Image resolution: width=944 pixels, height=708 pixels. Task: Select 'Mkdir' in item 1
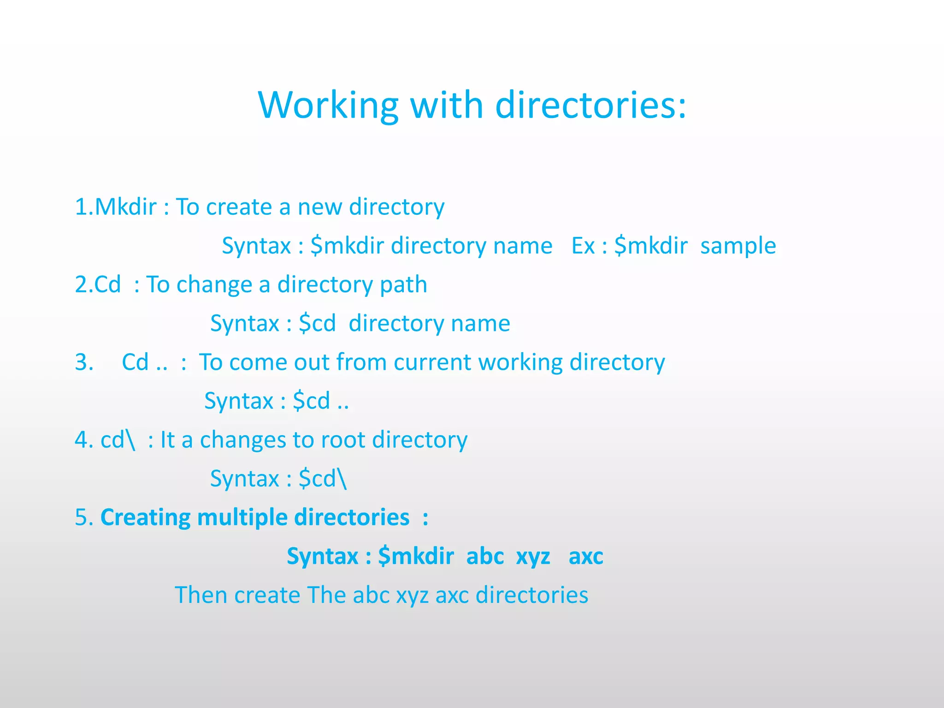tap(125, 207)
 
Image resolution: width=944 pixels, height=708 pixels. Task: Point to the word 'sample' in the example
tap(738, 246)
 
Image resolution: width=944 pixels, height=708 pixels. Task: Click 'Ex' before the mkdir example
tap(583, 246)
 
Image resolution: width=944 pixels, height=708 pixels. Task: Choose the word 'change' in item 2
tap(214, 285)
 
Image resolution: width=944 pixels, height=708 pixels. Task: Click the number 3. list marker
tap(84, 362)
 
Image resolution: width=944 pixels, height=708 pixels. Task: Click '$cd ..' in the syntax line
tap(321, 401)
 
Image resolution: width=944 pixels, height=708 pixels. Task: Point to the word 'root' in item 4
tap(343, 440)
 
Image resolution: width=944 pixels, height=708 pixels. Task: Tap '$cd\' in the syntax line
tap(323, 479)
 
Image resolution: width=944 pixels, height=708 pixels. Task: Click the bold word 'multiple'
tap(242, 518)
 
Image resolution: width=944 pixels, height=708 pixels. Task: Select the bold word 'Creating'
tap(145, 518)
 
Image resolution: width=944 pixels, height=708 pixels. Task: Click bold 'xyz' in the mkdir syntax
tap(533, 556)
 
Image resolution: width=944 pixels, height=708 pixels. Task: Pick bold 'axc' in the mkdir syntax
tap(586, 556)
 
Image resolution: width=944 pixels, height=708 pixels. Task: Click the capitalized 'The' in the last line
tap(326, 595)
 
